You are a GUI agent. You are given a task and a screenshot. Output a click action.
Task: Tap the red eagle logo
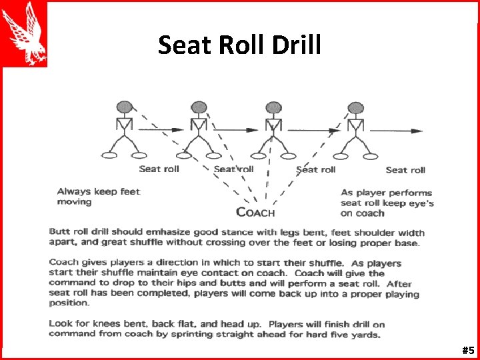coord(25,33)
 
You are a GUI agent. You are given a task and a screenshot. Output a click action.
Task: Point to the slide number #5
coord(467,350)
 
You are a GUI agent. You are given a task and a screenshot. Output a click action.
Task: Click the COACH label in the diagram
coord(255,213)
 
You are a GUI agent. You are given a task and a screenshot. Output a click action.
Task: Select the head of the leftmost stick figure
coord(124,107)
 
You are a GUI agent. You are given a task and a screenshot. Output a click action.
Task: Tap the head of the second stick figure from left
coord(199,107)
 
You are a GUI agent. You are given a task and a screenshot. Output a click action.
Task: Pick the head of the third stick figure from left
coord(273,107)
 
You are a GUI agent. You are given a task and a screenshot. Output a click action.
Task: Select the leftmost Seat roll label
coord(159,169)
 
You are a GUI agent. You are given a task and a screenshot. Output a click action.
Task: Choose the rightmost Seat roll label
coord(405,170)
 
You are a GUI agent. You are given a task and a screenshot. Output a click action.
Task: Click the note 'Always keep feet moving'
coord(99,196)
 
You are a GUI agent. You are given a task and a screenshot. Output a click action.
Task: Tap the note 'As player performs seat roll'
coord(387,203)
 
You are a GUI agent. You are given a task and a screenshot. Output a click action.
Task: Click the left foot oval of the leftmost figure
coord(109,156)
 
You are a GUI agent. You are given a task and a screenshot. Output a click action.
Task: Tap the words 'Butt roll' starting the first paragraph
coord(70,232)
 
